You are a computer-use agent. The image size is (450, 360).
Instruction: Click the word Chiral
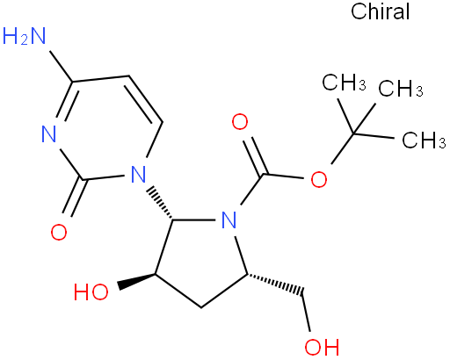pos(380,11)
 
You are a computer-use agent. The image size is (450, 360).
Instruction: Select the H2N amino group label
pos(24,37)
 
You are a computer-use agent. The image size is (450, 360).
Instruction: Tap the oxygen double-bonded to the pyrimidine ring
pos(59,232)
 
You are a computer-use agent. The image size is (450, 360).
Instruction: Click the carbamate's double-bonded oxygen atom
pos(240,122)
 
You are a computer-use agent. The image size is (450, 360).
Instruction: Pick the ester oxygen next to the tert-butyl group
pos(319,179)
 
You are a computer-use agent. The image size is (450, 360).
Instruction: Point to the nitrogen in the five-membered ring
pos(229,220)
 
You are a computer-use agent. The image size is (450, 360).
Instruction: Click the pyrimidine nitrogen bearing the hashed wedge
pos(138,174)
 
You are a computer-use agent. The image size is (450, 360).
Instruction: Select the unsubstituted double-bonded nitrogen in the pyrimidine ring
pos(48,134)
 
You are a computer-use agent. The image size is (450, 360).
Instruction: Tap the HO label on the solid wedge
pos(91,292)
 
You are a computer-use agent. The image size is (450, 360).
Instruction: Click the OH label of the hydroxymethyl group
pos(322,348)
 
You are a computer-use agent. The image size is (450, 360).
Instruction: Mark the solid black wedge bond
pos(136,280)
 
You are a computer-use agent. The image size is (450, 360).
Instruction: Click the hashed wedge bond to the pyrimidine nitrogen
pos(160,202)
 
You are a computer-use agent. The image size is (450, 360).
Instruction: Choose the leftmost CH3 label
pos(344,82)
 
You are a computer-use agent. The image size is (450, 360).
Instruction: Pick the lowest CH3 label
pos(424,140)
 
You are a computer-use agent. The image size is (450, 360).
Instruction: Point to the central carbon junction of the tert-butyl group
pos(354,133)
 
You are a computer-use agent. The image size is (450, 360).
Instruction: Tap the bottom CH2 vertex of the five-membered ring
pos(201,307)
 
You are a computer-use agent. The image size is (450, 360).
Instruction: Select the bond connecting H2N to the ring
pos(61,67)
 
